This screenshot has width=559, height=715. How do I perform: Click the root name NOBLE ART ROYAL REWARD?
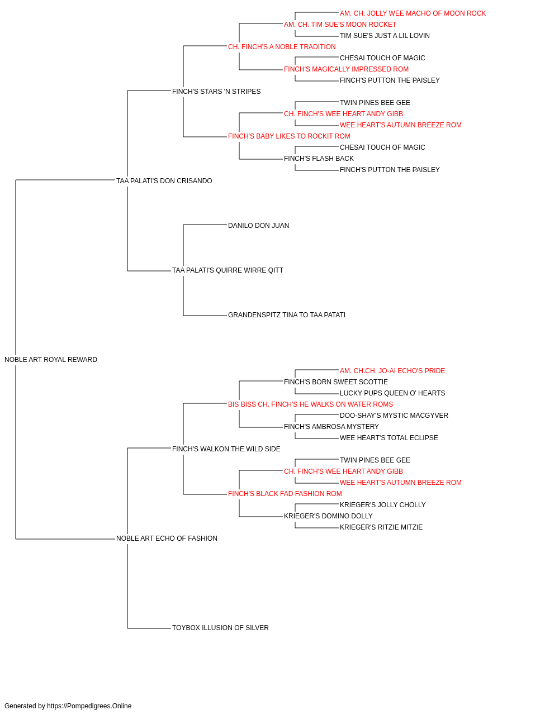51,360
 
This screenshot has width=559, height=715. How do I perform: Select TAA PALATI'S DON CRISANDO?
164,181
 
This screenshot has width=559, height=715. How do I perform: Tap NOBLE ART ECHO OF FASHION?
167,538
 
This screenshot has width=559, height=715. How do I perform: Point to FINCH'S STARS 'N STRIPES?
216,92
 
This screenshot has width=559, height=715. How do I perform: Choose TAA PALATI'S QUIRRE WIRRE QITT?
228,270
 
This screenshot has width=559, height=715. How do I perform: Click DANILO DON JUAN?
258,225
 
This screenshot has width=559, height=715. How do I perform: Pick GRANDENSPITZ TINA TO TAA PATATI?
286,315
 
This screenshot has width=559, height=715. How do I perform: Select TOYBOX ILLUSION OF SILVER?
220,627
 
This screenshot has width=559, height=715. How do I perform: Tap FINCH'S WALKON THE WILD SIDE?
226,449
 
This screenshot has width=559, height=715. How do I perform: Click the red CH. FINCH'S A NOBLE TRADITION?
282,47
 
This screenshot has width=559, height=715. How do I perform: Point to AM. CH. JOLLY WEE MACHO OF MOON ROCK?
413,13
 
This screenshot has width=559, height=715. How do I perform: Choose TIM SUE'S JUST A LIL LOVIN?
385,36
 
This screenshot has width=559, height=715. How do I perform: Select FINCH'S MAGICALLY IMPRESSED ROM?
346,69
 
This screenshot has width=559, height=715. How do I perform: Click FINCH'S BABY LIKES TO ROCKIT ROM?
289,136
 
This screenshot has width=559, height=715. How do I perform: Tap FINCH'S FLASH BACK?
319,159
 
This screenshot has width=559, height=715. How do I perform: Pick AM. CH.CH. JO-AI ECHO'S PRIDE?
392,371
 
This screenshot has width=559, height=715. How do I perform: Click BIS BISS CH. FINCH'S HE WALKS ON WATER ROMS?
310,404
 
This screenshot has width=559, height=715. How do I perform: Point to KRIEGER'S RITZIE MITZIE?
381,527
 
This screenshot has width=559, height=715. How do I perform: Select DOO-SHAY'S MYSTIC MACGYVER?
394,416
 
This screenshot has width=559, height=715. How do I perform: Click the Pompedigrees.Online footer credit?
68,706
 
